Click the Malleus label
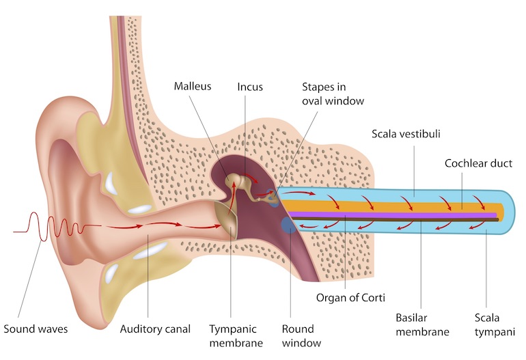coord(193,86)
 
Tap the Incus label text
coord(250,87)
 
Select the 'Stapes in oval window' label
coord(333,94)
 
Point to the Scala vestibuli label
coord(406,134)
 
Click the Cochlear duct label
coord(478,163)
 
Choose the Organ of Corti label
coord(350,298)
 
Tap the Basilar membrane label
coord(422,324)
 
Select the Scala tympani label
coord(495,324)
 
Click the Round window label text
coord(301,336)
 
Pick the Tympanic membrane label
coord(236,336)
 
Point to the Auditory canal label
coord(155,329)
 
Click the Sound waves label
coord(36,329)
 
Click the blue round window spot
coord(288,225)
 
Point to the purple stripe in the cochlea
coord(392,215)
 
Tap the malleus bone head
coord(232,178)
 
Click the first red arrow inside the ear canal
coord(124,227)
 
